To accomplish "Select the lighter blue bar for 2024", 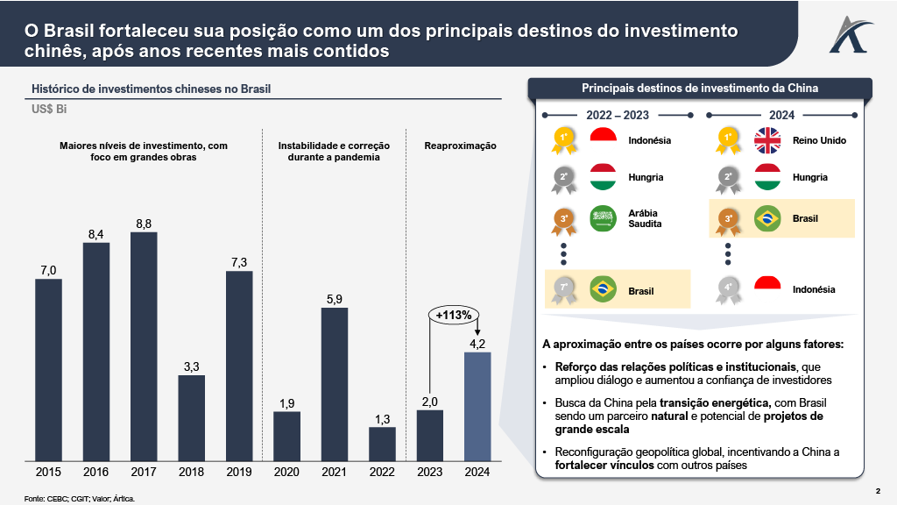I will (x=477, y=406).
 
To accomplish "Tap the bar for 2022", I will (x=382, y=444).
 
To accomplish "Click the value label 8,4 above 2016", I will (x=96, y=234).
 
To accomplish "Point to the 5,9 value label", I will (x=335, y=299).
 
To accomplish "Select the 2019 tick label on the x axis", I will (x=239, y=472).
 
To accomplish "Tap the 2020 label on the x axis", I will (x=286, y=472).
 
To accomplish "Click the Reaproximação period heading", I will (x=460, y=146).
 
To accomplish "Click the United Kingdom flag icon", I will (x=767, y=140).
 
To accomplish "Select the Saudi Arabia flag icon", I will (x=604, y=218).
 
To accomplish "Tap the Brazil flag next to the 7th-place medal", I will (x=604, y=289).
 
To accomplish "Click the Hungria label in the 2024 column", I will (x=809, y=177).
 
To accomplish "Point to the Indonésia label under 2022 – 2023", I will (x=649, y=140).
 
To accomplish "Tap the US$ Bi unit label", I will (x=49, y=109).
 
